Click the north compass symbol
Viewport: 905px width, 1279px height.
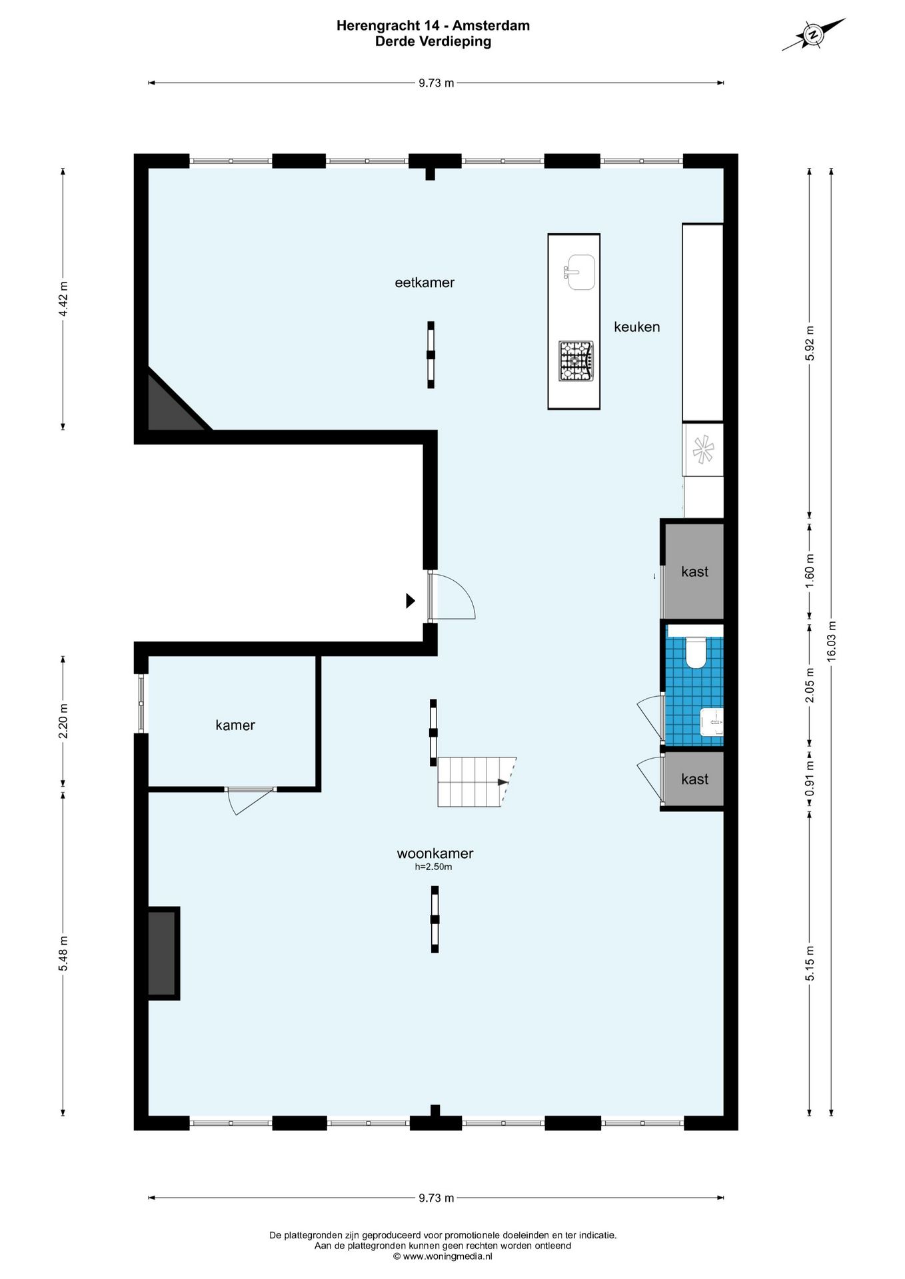click(x=813, y=35)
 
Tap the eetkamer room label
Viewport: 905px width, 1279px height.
click(x=425, y=282)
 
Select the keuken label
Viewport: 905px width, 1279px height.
click(x=636, y=326)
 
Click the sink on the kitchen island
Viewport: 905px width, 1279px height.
click(x=580, y=272)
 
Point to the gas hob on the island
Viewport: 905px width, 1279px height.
click(x=576, y=360)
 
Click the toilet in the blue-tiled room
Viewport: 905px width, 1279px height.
click(x=696, y=652)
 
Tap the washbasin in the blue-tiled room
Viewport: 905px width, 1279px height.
click(x=712, y=722)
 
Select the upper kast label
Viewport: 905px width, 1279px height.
click(x=694, y=572)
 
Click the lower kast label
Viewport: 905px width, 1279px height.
click(x=694, y=779)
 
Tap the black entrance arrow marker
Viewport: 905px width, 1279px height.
click(x=411, y=601)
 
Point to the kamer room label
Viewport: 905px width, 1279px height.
click(x=235, y=725)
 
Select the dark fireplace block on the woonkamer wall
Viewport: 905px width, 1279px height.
click(x=162, y=953)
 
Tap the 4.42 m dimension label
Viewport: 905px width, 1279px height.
click(x=63, y=299)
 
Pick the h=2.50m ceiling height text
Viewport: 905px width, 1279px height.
click(x=433, y=867)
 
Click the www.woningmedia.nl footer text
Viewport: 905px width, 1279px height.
click(x=443, y=1256)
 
